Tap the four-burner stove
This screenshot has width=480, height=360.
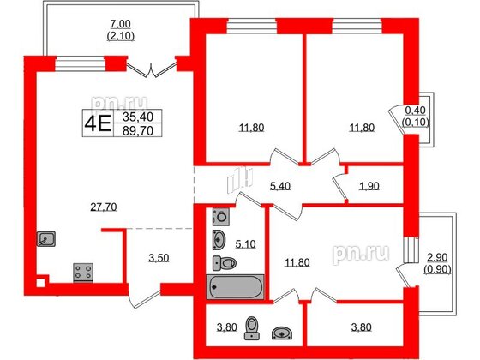pos(85,272)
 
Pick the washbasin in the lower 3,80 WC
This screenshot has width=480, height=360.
pos(283,330)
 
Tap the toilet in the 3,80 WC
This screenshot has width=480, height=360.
pos(252,327)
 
